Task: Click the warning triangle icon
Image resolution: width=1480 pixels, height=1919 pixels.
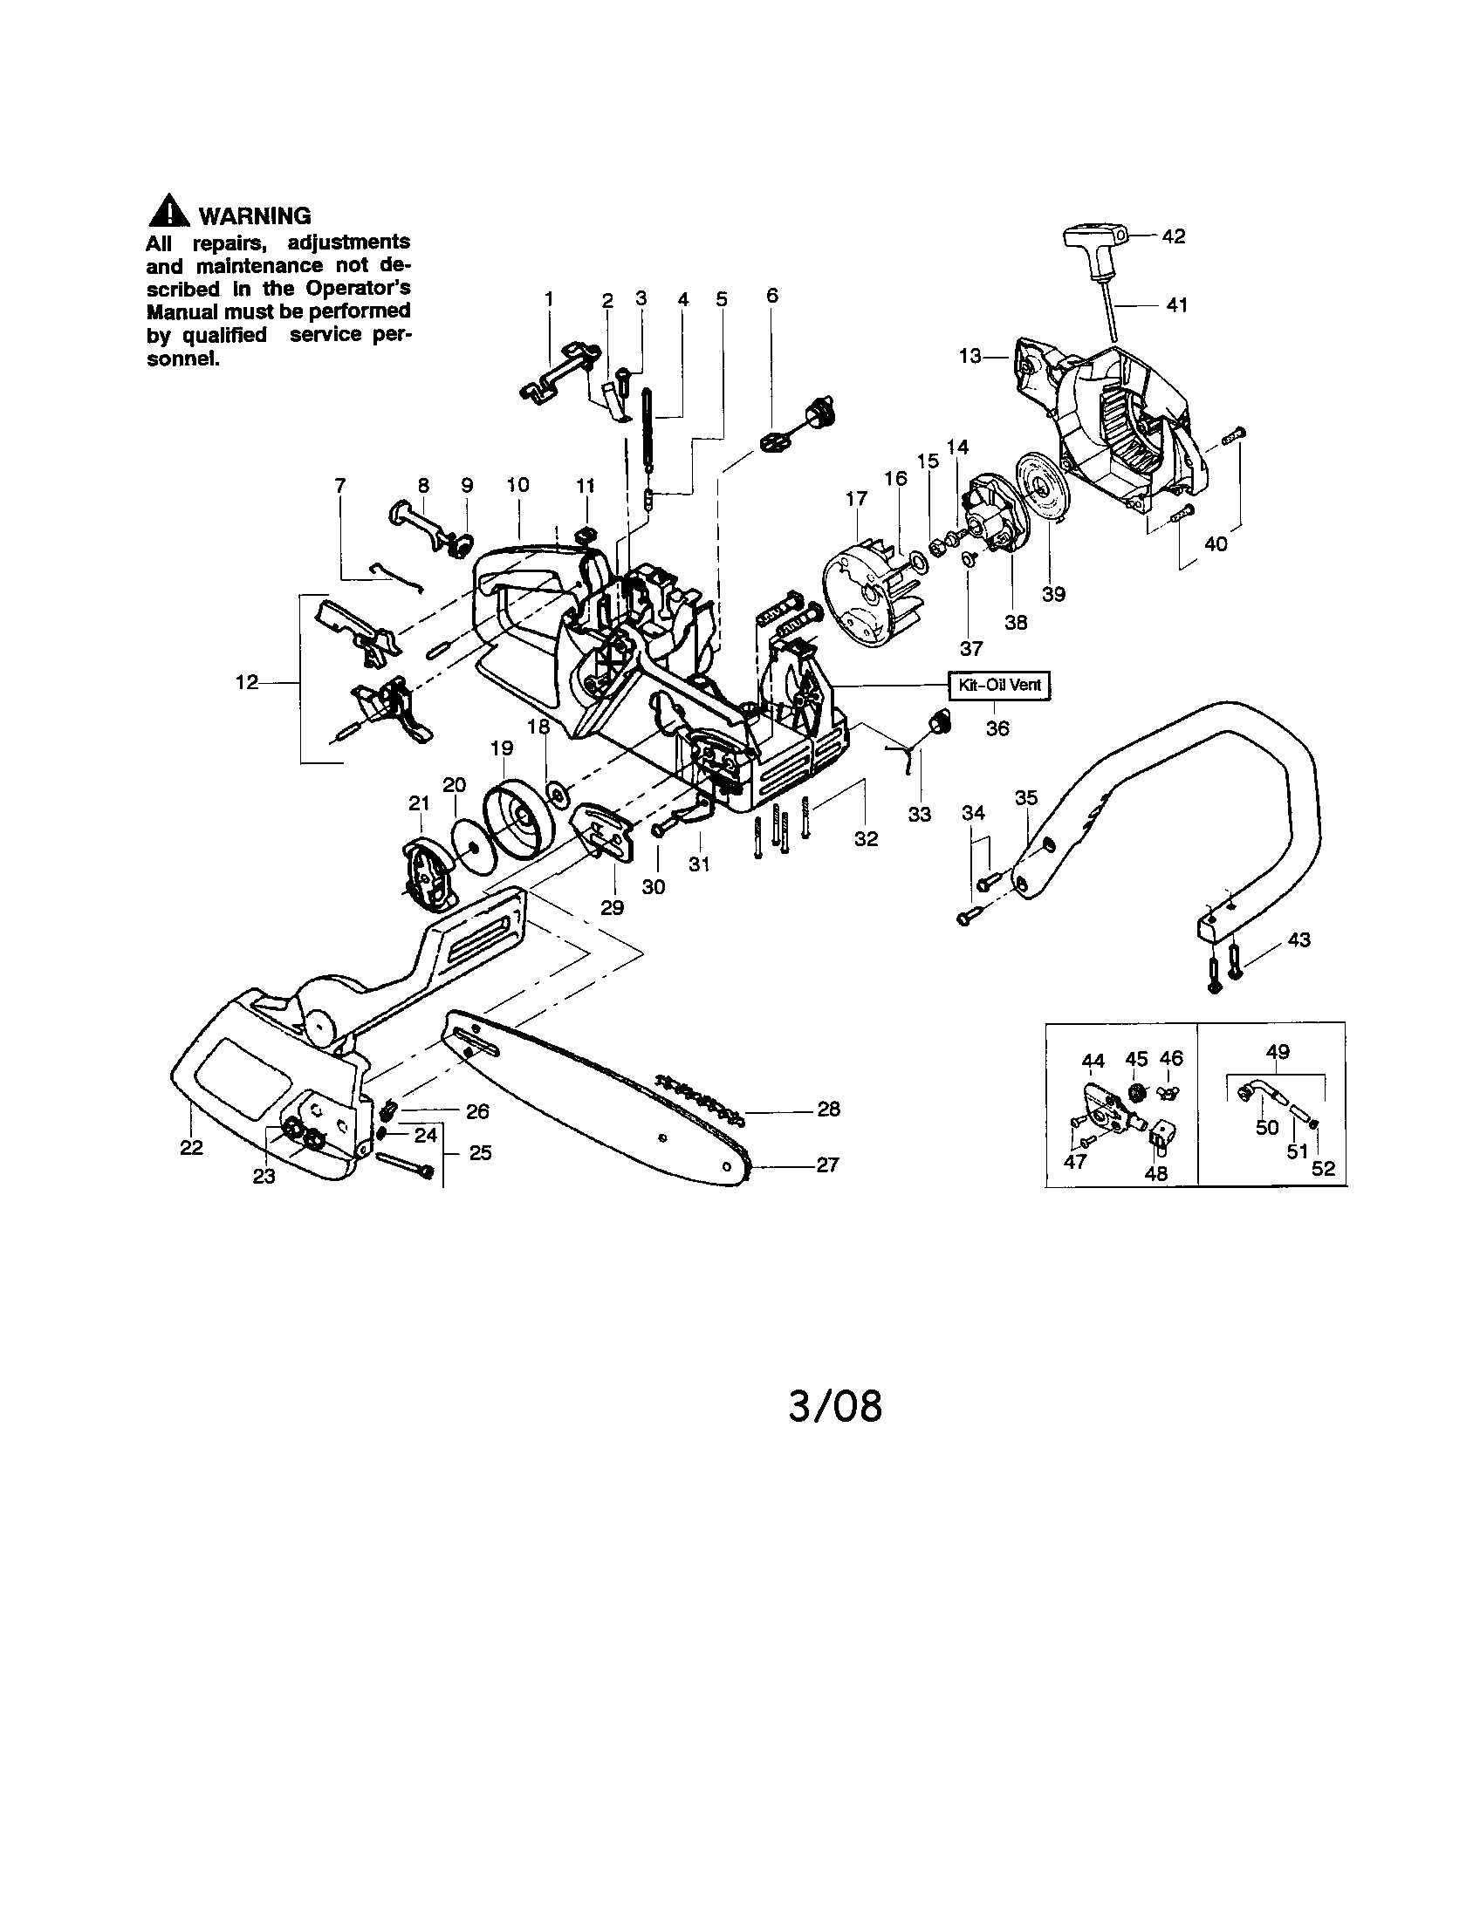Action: [168, 214]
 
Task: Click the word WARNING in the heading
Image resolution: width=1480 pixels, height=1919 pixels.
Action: [255, 216]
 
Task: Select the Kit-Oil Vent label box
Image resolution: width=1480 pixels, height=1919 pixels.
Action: [999, 686]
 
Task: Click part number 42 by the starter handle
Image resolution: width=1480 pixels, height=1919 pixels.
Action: [1174, 236]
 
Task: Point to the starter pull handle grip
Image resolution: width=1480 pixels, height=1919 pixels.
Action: [1093, 236]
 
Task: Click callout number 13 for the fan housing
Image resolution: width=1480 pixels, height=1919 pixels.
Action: [970, 357]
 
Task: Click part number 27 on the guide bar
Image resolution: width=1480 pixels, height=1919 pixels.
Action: [827, 1165]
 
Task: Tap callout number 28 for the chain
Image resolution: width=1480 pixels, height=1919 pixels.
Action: [828, 1109]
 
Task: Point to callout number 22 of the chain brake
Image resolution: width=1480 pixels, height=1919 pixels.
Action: [192, 1148]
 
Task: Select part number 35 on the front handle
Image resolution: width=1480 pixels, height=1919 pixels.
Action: [1025, 798]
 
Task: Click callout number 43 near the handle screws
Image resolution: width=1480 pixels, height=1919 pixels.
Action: [1298, 940]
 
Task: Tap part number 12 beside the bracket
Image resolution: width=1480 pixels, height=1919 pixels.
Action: [247, 682]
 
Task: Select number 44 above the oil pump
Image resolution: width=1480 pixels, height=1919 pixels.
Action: [1093, 1062]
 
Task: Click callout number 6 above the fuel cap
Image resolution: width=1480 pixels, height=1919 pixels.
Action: [771, 296]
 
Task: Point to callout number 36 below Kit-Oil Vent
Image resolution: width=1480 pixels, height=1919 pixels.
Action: [997, 728]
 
